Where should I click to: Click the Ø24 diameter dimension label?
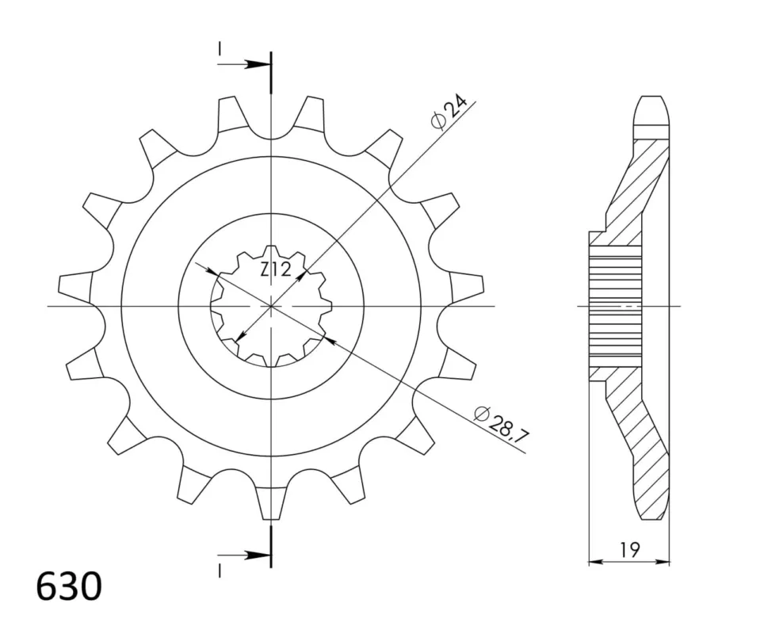(449, 113)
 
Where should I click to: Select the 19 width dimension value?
(629, 549)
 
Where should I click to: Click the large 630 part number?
(69, 586)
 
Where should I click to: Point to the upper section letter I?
(220, 48)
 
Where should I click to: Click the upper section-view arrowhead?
(257, 64)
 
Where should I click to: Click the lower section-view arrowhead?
(257, 556)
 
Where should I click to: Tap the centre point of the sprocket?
(271, 307)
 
